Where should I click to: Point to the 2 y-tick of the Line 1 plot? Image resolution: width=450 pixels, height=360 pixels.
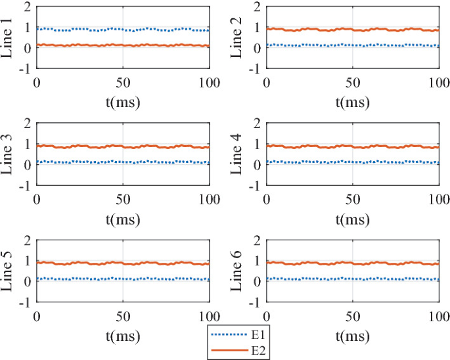27,7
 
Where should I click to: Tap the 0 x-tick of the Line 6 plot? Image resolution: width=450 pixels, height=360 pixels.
266,313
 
